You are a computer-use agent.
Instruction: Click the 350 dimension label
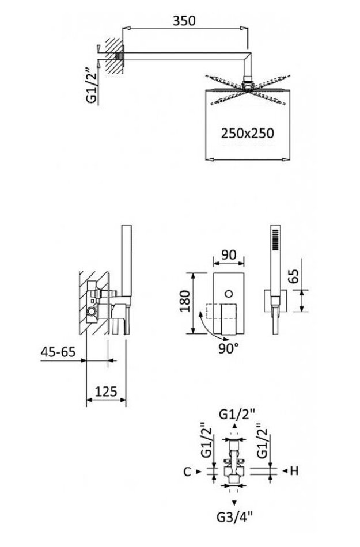coord(184,21)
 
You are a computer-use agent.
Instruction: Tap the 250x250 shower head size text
coord(247,133)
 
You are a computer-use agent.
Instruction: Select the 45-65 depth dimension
coord(58,352)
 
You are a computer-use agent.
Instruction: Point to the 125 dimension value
coord(106,392)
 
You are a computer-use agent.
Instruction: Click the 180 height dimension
coord(185,301)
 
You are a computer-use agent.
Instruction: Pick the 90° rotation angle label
coord(229,348)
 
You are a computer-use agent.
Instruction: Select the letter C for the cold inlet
coord(187,472)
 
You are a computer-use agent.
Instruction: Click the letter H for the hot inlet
coord(294,471)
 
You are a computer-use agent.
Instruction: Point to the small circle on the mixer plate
coord(229,293)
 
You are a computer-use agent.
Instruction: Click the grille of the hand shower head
coord(275,239)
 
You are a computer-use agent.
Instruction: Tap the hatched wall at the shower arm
coord(114,56)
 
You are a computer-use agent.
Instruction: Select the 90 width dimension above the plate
coord(229,254)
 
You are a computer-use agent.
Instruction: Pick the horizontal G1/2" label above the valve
coord(237,415)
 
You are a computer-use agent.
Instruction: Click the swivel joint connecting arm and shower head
coord(248,83)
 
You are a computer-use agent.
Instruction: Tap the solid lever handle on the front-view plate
coord(229,317)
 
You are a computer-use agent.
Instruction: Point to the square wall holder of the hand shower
coord(275,300)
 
